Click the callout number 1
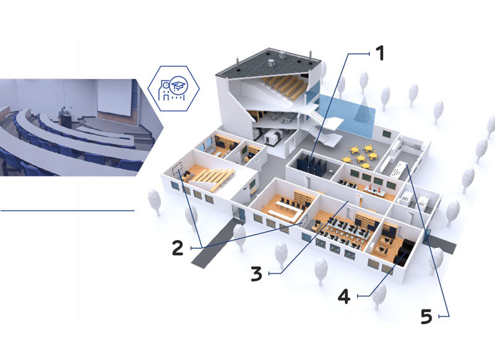coord(381,53)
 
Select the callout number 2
coord(178,247)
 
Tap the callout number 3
coord(256,273)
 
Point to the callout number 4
coord(344,296)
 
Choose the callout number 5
coord(426,316)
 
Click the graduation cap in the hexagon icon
coord(179,85)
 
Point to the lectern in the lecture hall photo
coord(66,119)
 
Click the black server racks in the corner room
coord(403,252)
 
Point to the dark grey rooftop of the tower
coord(268,64)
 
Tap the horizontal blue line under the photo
coord(67,210)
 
